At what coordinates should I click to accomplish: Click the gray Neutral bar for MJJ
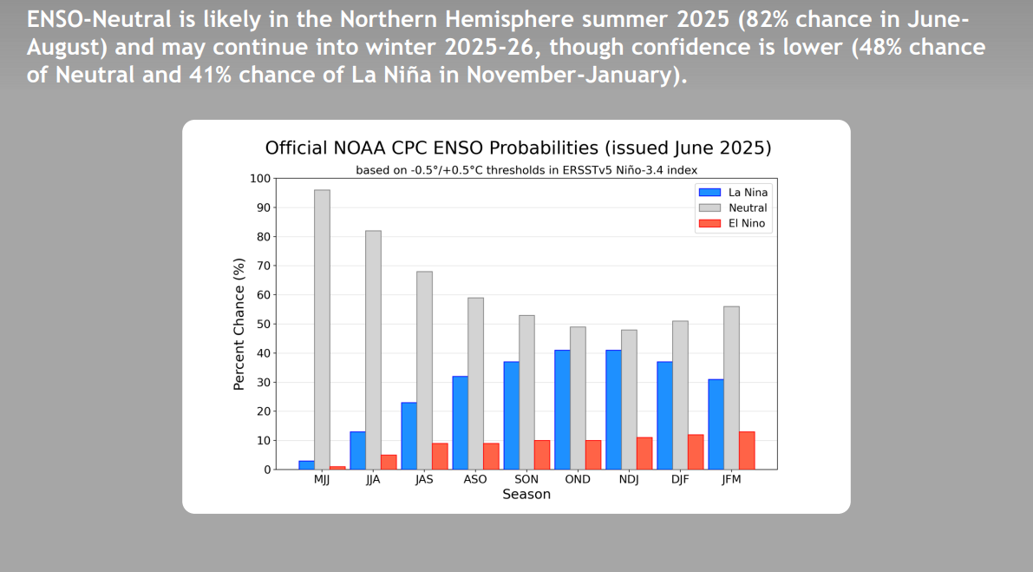(322, 330)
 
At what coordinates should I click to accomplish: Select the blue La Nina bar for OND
(563, 410)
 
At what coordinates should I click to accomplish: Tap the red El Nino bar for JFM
(747, 450)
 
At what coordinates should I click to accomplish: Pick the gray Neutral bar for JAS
(424, 371)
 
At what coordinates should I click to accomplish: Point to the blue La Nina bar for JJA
(357, 450)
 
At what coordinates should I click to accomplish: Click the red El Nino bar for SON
(542, 455)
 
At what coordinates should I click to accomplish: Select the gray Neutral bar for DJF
(681, 396)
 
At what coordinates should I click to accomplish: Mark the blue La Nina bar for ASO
(461, 423)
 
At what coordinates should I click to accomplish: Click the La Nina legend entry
(733, 193)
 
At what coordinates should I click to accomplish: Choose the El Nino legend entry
(732, 223)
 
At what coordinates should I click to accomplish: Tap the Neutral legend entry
(733, 207)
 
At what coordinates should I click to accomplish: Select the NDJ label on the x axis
(629, 479)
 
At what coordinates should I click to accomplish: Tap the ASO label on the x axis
(475, 479)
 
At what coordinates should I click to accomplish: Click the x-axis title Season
(526, 494)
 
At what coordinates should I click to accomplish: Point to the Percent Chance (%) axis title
(239, 325)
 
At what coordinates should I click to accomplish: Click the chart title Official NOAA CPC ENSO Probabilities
(432, 148)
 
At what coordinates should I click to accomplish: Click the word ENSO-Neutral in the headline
(99, 19)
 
